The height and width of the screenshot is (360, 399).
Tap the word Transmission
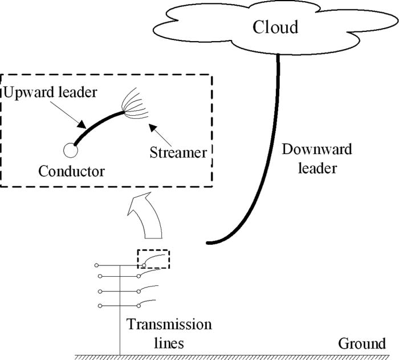(x=169, y=325)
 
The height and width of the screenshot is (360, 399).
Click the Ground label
(x=362, y=343)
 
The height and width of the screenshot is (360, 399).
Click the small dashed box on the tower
(x=153, y=258)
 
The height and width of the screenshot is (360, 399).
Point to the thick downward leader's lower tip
(x=209, y=243)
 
